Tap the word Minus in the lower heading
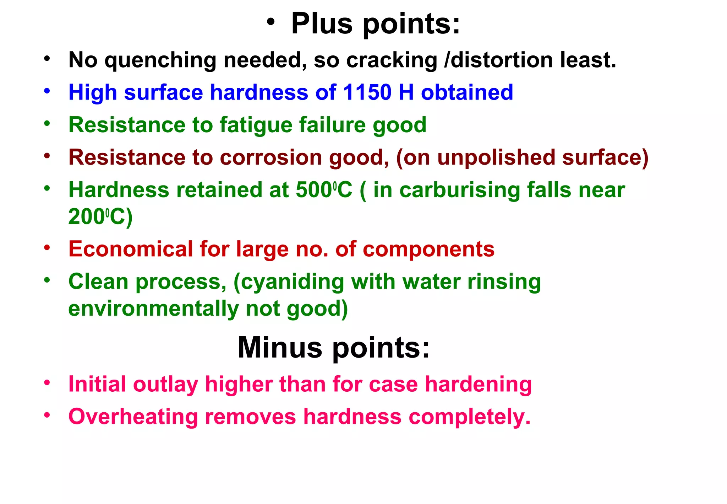click(280, 347)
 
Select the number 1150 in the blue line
click(367, 92)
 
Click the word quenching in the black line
click(160, 60)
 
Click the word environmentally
click(154, 308)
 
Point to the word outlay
click(166, 385)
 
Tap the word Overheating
click(133, 417)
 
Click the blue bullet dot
click(47, 91)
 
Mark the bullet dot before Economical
click(47, 247)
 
